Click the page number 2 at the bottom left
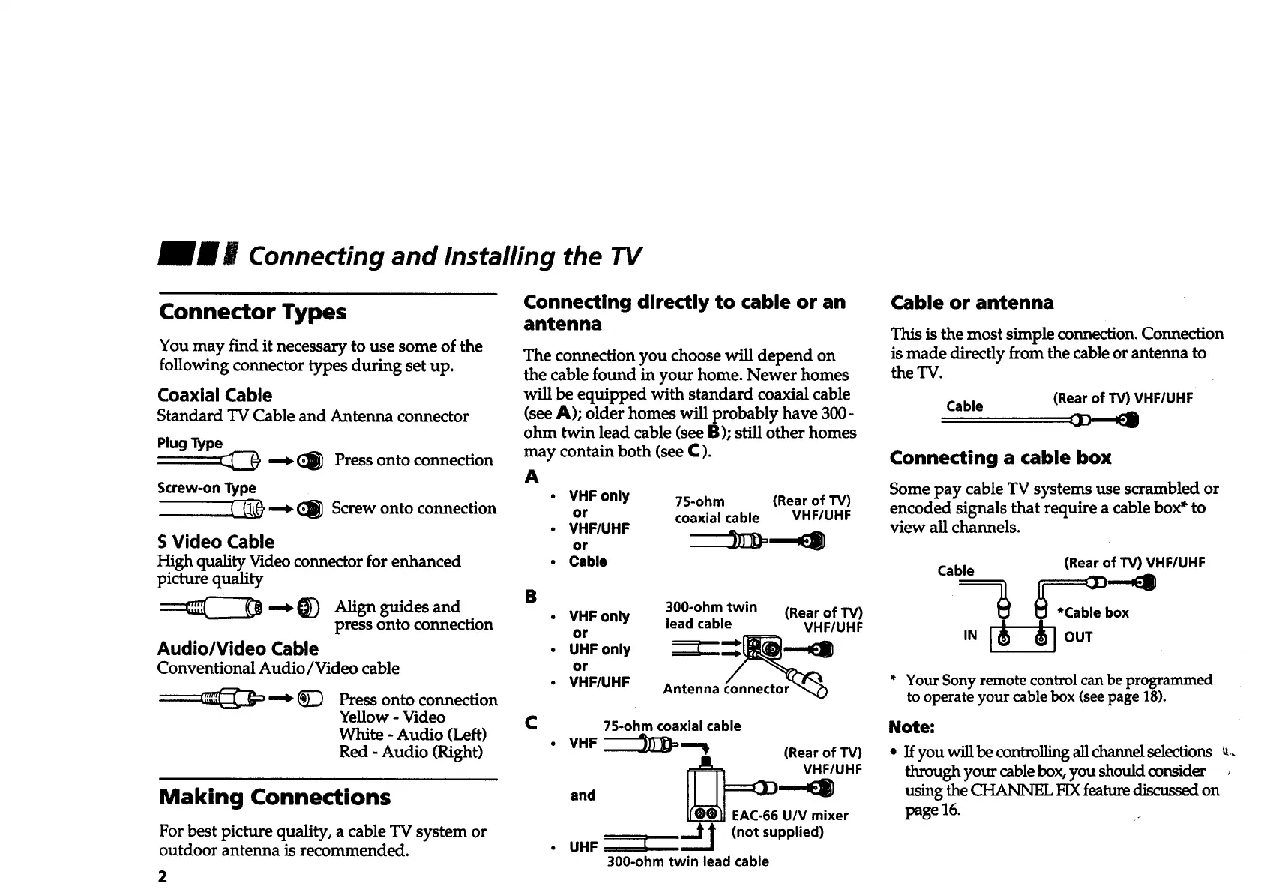(x=163, y=877)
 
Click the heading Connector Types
(x=253, y=312)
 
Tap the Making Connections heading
(x=274, y=797)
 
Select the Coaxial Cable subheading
(x=214, y=395)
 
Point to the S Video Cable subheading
(x=216, y=542)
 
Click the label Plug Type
(x=190, y=443)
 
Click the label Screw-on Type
(x=206, y=488)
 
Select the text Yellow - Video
(x=391, y=717)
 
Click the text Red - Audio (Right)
(x=411, y=752)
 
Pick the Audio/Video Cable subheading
(x=238, y=649)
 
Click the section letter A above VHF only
(x=532, y=477)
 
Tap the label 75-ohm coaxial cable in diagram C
(x=672, y=726)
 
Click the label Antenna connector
(x=726, y=689)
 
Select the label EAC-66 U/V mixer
(x=789, y=816)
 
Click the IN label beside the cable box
(x=970, y=636)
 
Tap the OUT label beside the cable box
(x=1078, y=637)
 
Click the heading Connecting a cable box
(x=999, y=458)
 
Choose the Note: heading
(x=911, y=727)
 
